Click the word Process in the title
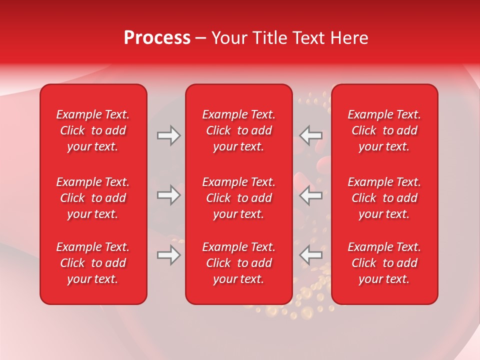157,38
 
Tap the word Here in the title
348,38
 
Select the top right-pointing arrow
169,135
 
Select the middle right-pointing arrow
169,195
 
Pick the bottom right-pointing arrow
169,255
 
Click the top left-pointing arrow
310,135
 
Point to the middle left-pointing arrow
310,195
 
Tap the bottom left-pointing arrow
310,255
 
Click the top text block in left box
93,130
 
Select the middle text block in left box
93,198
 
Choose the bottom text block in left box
93,263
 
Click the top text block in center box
238,130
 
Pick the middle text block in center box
238,198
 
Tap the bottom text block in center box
238,263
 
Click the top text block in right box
384,130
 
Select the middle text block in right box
384,198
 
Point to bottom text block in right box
384,263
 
